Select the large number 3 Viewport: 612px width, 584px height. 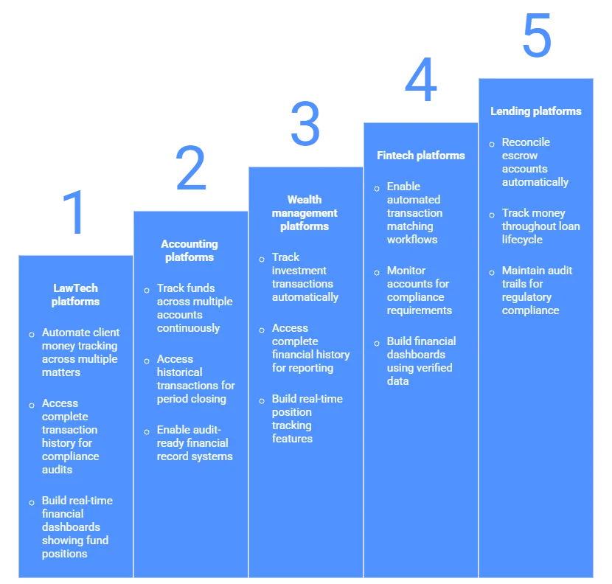pyautogui.click(x=306, y=124)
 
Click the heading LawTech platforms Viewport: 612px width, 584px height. pyautogui.click(x=75, y=295)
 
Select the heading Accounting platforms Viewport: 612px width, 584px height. pyautogui.click(x=189, y=251)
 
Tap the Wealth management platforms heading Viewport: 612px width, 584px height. pyautogui.click(x=305, y=213)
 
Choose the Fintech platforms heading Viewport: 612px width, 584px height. pyautogui.click(x=421, y=156)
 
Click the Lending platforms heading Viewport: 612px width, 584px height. pyautogui.click(x=536, y=111)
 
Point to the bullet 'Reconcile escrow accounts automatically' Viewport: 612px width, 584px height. pyautogui.click(x=535, y=162)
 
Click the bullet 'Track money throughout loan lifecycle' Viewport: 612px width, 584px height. pyautogui.click(x=540, y=226)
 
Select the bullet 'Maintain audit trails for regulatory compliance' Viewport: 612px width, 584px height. pyautogui.click(x=537, y=291)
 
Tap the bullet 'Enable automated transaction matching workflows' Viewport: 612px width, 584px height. pyautogui.click(x=414, y=213)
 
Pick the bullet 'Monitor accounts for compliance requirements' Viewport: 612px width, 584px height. pyautogui.click(x=419, y=291)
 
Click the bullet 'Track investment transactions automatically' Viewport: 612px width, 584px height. pyautogui.click(x=305, y=277)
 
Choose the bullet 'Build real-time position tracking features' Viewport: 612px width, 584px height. pyautogui.click(x=307, y=419)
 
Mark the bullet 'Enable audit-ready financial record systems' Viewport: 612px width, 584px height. pyautogui.click(x=194, y=443)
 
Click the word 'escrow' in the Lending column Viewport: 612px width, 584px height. pyautogui.click(x=520, y=156)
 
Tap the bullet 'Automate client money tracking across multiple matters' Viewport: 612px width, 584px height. pyautogui.click(x=80, y=352)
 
